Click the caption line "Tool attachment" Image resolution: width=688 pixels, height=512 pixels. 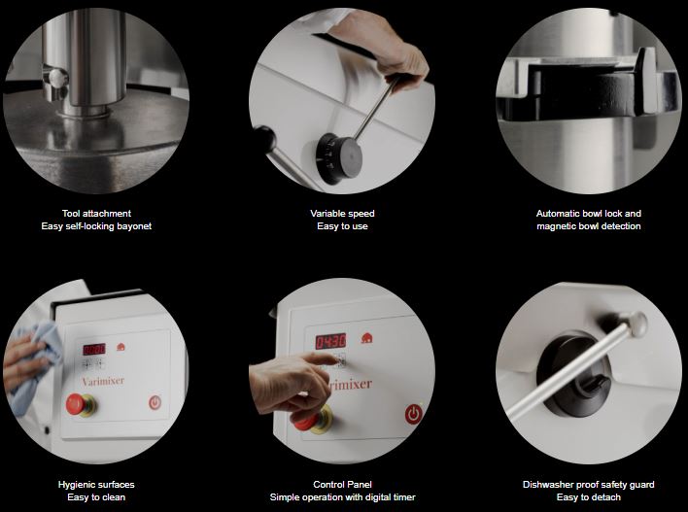pyautogui.click(x=96, y=214)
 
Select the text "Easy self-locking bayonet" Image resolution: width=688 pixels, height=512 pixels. pyautogui.click(x=96, y=226)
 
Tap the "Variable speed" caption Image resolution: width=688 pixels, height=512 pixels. pyautogui.click(x=342, y=214)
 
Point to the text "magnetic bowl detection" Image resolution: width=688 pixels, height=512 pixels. pyautogui.click(x=589, y=226)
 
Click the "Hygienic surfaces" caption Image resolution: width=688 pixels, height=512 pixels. pyautogui.click(x=96, y=485)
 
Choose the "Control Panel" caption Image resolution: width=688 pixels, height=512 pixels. pyautogui.click(x=342, y=485)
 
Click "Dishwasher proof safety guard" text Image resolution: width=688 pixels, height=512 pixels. pyautogui.click(x=589, y=485)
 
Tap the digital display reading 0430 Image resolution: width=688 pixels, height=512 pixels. pyautogui.click(x=330, y=341)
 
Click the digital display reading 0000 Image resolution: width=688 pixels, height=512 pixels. pyautogui.click(x=94, y=349)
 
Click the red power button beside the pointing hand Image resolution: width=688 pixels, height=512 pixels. pyautogui.click(x=413, y=414)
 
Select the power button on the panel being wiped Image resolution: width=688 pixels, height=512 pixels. pyautogui.click(x=155, y=402)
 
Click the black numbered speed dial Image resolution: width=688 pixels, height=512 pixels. pyautogui.click(x=338, y=158)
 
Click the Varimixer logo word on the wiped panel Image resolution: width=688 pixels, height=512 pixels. pyautogui.click(x=103, y=381)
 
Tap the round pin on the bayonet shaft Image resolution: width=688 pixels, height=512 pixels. pyautogui.click(x=57, y=78)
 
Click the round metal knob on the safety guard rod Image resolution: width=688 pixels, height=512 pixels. pyautogui.click(x=637, y=324)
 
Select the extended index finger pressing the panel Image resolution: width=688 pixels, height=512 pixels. pyautogui.click(x=320, y=359)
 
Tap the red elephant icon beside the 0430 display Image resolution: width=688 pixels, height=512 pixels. pyautogui.click(x=366, y=338)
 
